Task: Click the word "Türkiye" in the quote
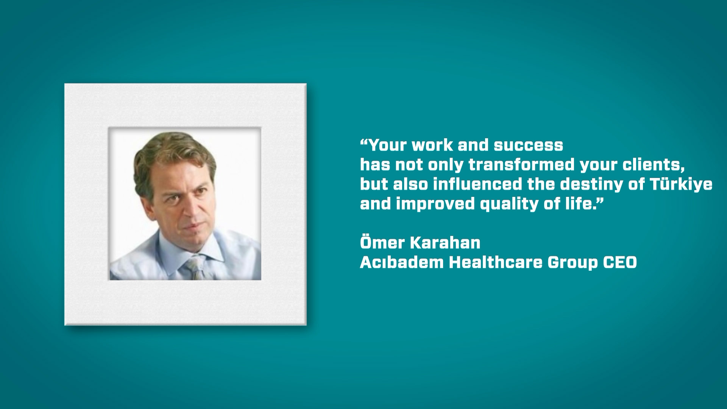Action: [681, 184]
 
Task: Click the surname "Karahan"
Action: [445, 243]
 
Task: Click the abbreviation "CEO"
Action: [620, 262]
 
